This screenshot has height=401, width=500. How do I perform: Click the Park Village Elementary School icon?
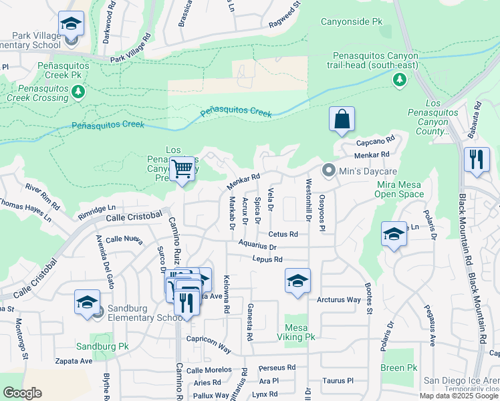click(x=71, y=25)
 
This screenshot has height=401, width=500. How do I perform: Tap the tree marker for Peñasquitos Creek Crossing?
click(x=79, y=91)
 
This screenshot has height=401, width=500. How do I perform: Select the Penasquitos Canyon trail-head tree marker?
click(x=399, y=80)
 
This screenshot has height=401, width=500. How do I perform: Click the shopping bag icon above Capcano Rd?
click(x=342, y=120)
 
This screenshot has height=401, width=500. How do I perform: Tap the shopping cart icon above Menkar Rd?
click(x=182, y=168)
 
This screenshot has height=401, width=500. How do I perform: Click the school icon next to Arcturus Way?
click(x=297, y=280)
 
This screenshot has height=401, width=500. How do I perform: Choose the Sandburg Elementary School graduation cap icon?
click(x=87, y=303)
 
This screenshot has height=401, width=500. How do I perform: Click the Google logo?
click(x=22, y=393)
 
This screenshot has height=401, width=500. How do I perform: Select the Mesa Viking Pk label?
click(x=300, y=332)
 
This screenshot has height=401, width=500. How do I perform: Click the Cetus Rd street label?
click(x=283, y=235)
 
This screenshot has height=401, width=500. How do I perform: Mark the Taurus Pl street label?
click(x=337, y=380)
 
